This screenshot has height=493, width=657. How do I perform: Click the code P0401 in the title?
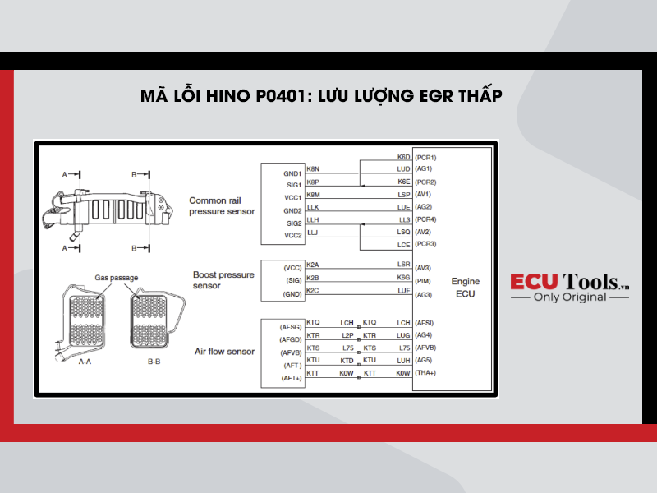point(282,95)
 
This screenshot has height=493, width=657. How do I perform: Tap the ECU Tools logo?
point(569,287)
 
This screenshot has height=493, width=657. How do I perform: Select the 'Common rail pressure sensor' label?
point(222,206)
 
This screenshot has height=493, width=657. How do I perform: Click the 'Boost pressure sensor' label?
point(223,280)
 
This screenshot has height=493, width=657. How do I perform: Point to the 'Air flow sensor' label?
point(224,352)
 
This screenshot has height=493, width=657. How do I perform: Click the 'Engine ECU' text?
point(465,287)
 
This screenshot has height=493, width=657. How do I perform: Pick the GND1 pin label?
point(292,173)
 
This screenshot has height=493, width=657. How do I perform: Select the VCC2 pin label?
point(293,235)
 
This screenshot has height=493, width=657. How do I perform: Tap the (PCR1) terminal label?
point(425,158)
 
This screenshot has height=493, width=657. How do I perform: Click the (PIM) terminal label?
point(423,281)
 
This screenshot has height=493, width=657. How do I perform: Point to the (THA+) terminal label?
point(425,373)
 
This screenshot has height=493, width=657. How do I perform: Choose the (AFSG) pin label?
point(291,327)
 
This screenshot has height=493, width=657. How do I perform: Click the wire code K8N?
point(313,169)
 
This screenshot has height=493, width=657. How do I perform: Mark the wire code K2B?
point(313,278)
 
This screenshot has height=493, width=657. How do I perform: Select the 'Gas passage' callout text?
point(116,278)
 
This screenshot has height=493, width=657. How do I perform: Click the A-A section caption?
point(85,362)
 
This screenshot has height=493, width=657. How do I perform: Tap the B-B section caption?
point(154,362)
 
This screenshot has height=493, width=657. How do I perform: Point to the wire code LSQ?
point(403,232)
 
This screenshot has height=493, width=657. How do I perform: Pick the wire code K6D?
point(403,157)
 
